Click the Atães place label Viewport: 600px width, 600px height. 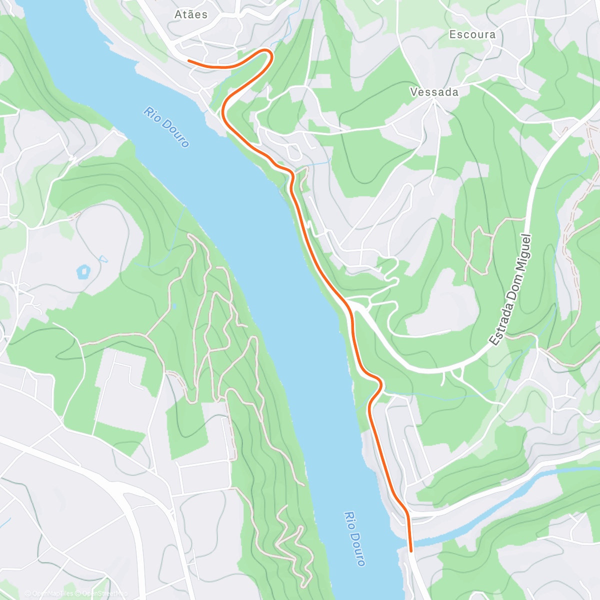[x=191, y=14]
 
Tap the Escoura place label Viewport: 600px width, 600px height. [x=472, y=34]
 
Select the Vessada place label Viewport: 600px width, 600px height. [x=434, y=92]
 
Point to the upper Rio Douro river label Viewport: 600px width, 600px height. [x=166, y=127]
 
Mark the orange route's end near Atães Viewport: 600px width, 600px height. [x=189, y=61]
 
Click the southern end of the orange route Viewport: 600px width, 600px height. [x=411, y=551]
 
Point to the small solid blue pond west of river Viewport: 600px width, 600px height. [x=83, y=272]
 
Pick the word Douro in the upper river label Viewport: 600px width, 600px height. [x=175, y=135]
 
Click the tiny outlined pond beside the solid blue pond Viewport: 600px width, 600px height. [x=103, y=259]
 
